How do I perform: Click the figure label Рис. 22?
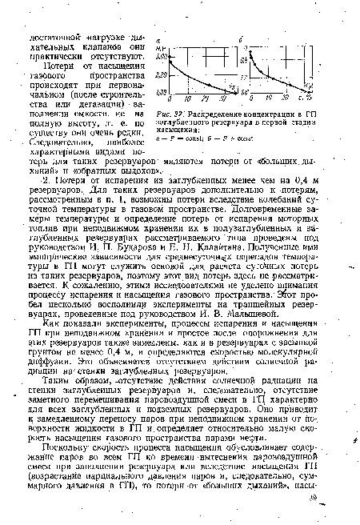pos(171,114)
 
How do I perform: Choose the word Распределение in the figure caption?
pos(215,114)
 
